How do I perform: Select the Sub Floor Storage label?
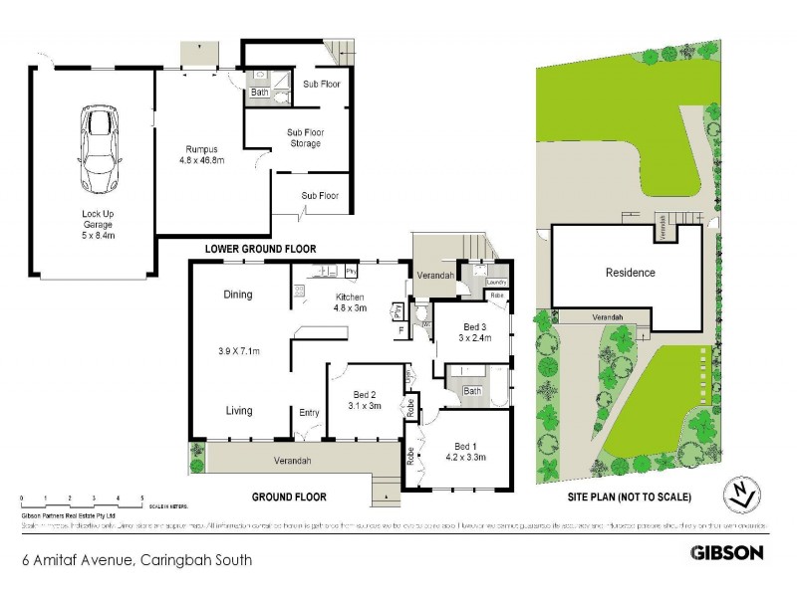point(305,137)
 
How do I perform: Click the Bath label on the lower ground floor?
point(259,93)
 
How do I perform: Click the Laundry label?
point(496,283)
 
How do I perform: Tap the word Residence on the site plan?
point(630,273)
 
